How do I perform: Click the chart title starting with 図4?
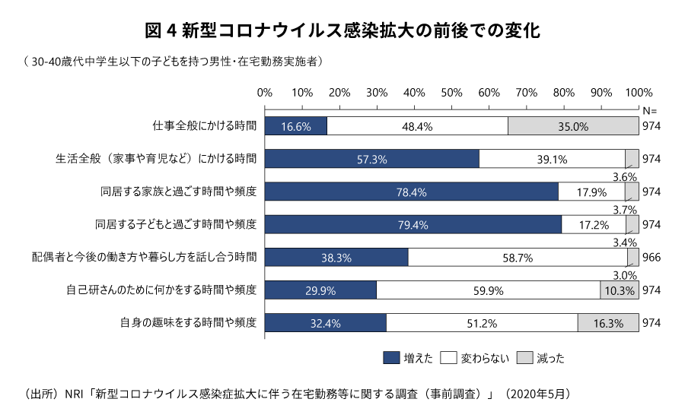pyautogui.click(x=342, y=31)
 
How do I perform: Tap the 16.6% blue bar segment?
pyautogui.click(x=295, y=126)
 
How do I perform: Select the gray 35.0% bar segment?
pyautogui.click(x=572, y=126)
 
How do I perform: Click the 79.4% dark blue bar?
pyautogui.click(x=413, y=224)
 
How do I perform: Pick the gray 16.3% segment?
pyautogui.click(x=607, y=323)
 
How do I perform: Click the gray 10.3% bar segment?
pyautogui.click(x=619, y=290)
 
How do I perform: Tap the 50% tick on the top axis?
pyautogui.click(x=451, y=93)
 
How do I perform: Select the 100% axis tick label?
pyautogui.click(x=638, y=93)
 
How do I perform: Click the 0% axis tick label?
pyautogui.click(x=265, y=93)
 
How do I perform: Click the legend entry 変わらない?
pyautogui.click(x=474, y=357)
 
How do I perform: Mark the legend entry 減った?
pyautogui.click(x=541, y=357)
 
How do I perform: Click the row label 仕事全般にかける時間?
pyautogui.click(x=205, y=126)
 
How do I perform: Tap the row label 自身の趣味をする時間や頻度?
pyautogui.click(x=189, y=323)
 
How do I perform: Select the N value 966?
pyautogui.click(x=652, y=258)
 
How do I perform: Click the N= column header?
pyautogui.click(x=649, y=110)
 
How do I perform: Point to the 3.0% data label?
pyautogui.click(x=625, y=275)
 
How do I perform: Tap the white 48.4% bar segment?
pyautogui.click(x=417, y=126)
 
